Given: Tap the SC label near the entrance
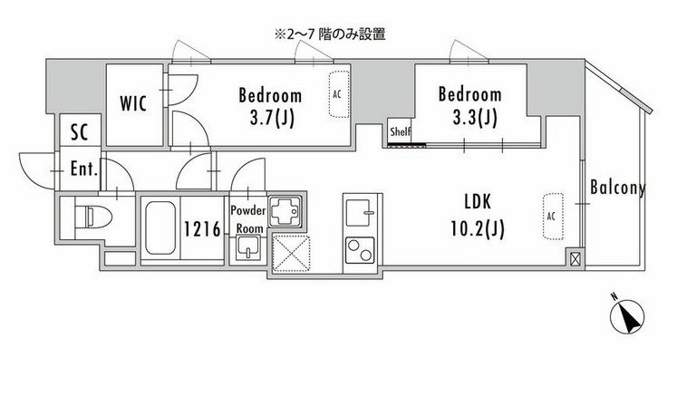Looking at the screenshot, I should pyautogui.click(x=80, y=132).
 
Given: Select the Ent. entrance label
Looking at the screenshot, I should pyautogui.click(x=85, y=169).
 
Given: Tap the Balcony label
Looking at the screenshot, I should pyautogui.click(x=617, y=188).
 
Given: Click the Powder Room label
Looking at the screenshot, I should pyautogui.click(x=247, y=217).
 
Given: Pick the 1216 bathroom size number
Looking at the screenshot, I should pyautogui.click(x=203, y=229).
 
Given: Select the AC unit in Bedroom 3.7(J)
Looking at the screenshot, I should pyautogui.click(x=337, y=94).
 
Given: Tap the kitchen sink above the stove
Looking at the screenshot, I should pyautogui.click(x=360, y=214).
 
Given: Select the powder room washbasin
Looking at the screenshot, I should pyautogui.click(x=247, y=248).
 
